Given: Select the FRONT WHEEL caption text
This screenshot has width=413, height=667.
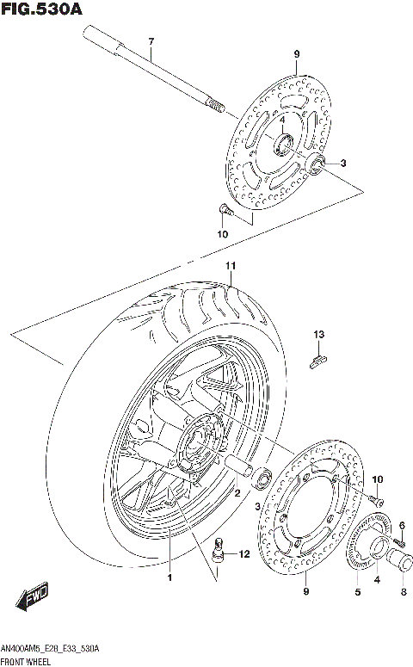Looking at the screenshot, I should coord(27,660).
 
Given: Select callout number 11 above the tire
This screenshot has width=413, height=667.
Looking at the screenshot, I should coord(230,264).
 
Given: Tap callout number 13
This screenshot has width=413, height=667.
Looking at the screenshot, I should coord(317,334).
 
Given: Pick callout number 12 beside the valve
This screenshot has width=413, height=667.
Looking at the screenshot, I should coord(243,554).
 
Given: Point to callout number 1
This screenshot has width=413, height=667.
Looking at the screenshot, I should coord(170,577).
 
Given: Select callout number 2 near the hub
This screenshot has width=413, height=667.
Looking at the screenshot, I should coord(237,493).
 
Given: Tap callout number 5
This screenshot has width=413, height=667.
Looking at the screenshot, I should coord(358,591).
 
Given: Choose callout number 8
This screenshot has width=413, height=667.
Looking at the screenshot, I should coord(402,591).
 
